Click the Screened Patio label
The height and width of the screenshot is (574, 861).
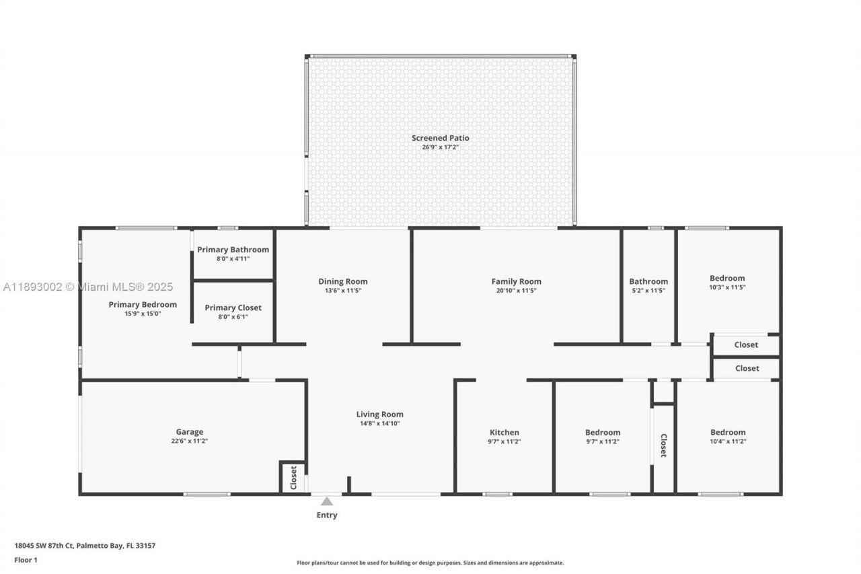(x=440, y=138)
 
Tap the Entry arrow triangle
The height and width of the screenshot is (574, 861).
(x=327, y=501)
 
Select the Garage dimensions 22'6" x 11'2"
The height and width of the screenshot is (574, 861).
(x=190, y=441)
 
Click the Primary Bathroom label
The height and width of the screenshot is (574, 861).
(x=233, y=250)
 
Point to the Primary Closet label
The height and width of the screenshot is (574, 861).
(x=233, y=308)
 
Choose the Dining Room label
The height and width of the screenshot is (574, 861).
(x=342, y=281)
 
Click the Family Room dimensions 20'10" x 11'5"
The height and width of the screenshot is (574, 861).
(x=516, y=291)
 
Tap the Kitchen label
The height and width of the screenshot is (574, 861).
(x=504, y=433)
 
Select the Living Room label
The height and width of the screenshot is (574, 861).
(x=379, y=415)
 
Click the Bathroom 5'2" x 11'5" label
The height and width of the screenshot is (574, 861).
(x=648, y=281)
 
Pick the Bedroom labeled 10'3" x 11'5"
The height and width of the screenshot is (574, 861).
(x=727, y=278)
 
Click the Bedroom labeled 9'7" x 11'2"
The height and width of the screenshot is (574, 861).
(x=602, y=433)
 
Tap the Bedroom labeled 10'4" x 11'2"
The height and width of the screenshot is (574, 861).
(x=728, y=433)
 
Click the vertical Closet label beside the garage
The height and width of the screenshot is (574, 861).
(x=293, y=477)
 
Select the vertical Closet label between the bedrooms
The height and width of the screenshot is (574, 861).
(x=663, y=445)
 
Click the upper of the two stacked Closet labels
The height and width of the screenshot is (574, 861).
(x=746, y=345)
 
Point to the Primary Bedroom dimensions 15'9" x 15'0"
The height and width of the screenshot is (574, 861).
(x=143, y=314)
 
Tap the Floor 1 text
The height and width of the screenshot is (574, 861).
(x=26, y=560)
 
